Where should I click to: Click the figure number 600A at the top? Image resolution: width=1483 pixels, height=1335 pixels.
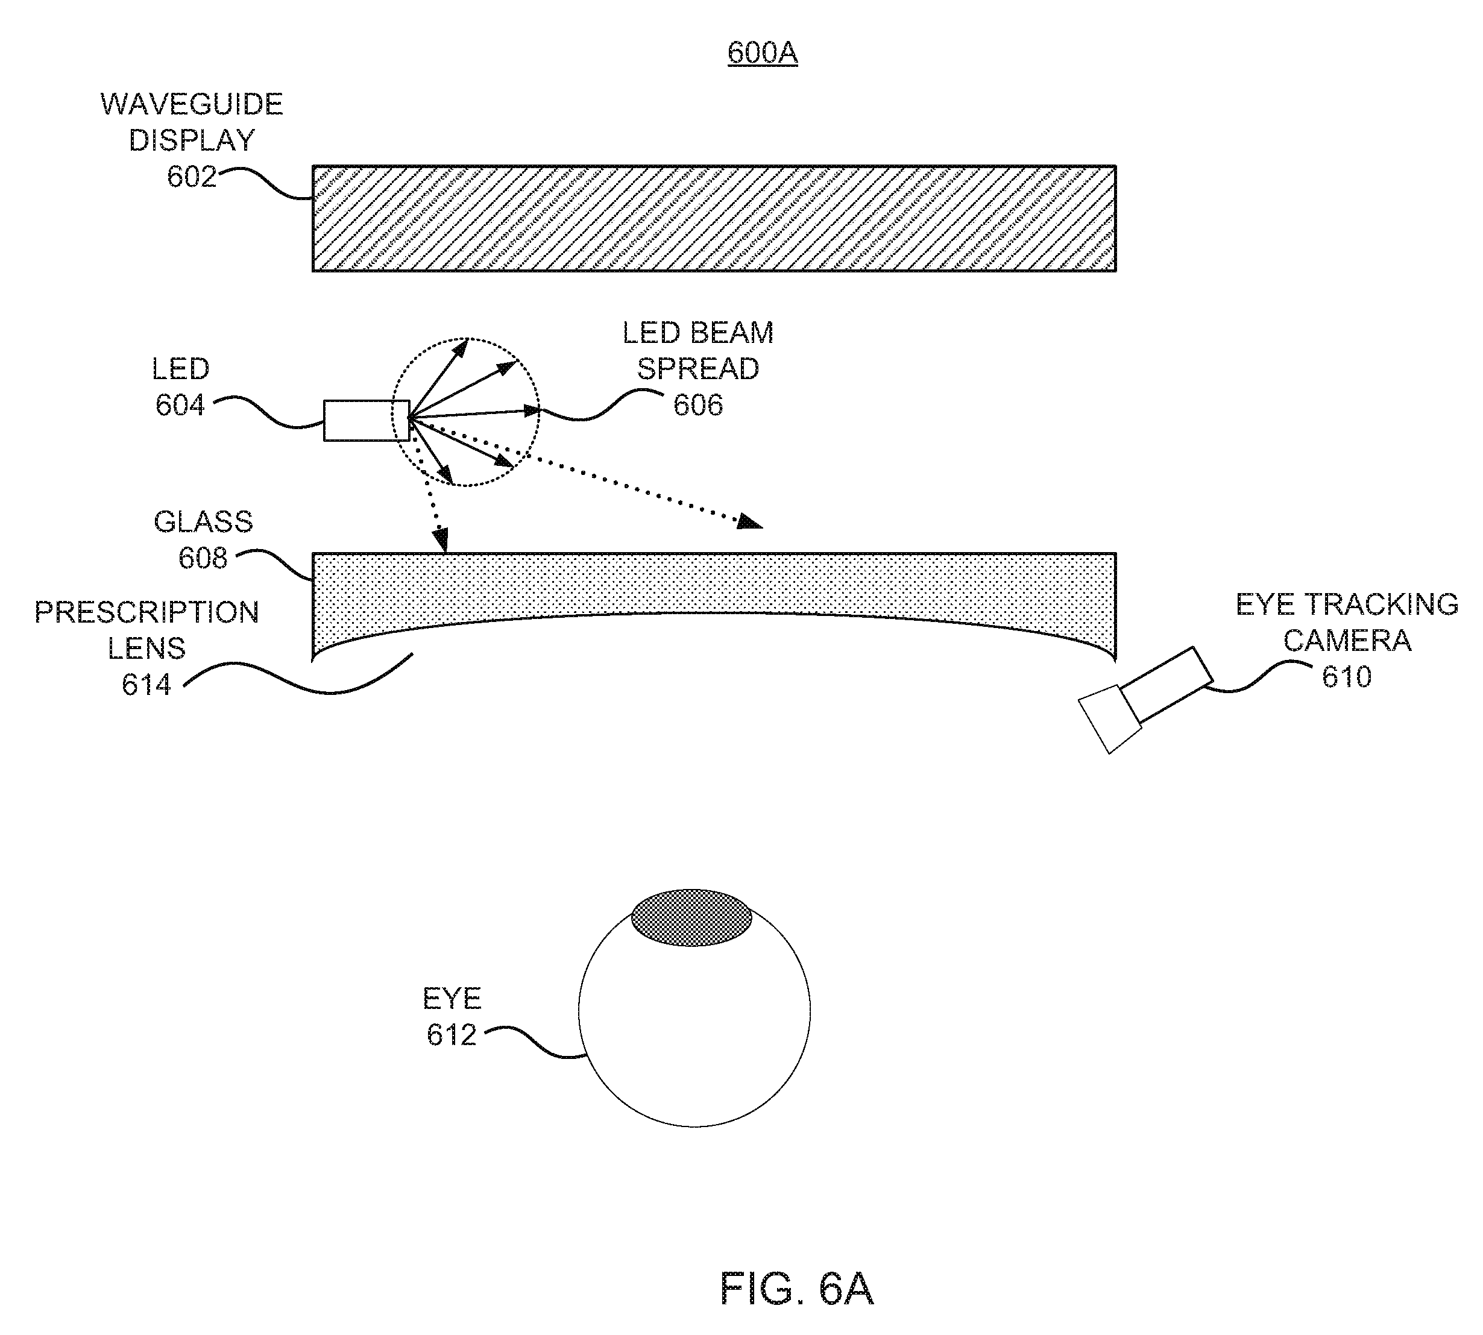click(763, 53)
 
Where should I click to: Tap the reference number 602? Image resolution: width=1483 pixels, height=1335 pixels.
click(192, 177)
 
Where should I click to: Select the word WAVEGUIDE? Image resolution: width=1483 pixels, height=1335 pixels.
click(192, 104)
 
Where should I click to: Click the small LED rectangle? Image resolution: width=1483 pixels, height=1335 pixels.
click(366, 420)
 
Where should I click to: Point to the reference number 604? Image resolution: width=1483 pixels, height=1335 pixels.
click(180, 405)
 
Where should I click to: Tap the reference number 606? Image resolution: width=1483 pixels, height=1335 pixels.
click(698, 405)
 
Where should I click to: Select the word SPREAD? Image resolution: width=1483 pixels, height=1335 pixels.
click(698, 369)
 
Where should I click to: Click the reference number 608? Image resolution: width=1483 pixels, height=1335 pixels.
click(203, 558)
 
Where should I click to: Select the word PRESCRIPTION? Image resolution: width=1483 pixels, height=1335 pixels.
click(146, 612)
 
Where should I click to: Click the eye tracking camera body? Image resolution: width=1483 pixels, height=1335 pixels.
click(1145, 700)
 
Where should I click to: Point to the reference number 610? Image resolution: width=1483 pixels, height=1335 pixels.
click(1347, 677)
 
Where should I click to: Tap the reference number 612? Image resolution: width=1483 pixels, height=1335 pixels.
click(452, 1035)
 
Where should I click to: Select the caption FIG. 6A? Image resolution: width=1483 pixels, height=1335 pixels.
click(797, 1288)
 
